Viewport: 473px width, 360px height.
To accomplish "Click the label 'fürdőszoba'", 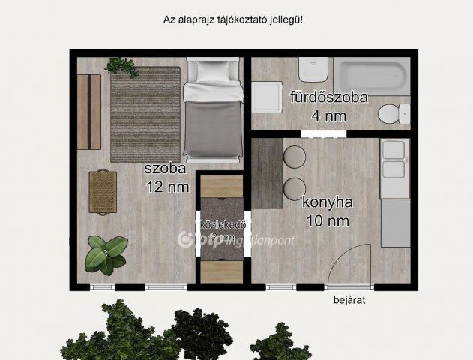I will pyautogui.click(x=328, y=97).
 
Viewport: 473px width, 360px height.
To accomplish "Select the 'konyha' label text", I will pyautogui.click(x=328, y=202).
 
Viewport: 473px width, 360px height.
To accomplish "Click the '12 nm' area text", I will pyautogui.click(x=167, y=187).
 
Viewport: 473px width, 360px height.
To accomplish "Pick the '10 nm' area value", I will pyautogui.click(x=328, y=220).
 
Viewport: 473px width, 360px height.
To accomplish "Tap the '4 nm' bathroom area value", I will pyautogui.click(x=328, y=115).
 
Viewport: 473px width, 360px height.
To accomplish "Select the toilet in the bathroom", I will pyautogui.click(x=391, y=115).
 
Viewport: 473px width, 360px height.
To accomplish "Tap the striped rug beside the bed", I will pyautogui.click(x=145, y=114).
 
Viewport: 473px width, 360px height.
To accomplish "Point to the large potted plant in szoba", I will pyautogui.click(x=104, y=253).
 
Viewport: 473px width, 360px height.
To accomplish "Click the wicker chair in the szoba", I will pyautogui.click(x=103, y=190).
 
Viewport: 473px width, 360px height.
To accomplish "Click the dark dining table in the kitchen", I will pyautogui.click(x=266, y=172).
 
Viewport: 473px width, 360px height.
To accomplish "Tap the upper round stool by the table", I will pyautogui.click(x=294, y=156).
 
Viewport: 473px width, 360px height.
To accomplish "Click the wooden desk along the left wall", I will pyautogui.click(x=89, y=111).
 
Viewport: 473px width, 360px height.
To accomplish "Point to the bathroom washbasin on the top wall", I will pyautogui.click(x=310, y=71).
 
